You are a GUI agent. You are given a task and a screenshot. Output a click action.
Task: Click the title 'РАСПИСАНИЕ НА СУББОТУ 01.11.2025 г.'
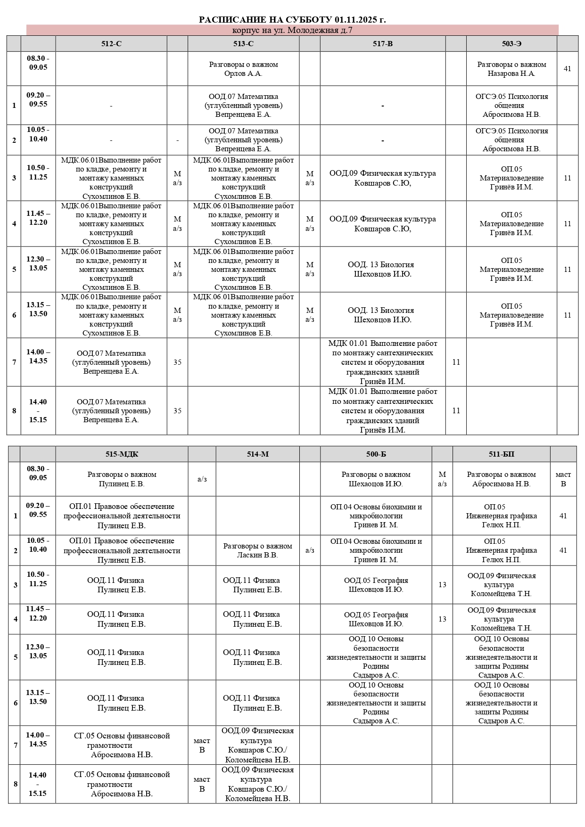tap(292, 19)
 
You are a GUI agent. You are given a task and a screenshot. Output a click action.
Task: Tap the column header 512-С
tap(111, 44)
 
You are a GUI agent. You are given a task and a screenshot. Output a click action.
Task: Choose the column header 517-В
tap(382, 44)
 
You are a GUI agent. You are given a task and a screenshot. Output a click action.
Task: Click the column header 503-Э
tap(511, 44)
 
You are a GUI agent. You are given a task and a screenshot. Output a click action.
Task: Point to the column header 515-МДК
tap(122, 454)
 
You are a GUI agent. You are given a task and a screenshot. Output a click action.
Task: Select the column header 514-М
tap(257, 454)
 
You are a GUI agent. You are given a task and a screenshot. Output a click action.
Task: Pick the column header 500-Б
tap(376, 454)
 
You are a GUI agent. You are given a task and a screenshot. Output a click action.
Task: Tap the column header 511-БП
tap(501, 454)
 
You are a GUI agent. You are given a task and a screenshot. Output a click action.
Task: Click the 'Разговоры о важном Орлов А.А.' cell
tap(243, 69)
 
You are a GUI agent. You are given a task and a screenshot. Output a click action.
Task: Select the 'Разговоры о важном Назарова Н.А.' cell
tap(511, 69)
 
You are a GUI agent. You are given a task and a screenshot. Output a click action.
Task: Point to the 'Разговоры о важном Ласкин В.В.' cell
tap(257, 550)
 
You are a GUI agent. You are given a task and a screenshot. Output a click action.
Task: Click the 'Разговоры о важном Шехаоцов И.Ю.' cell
tap(376, 479)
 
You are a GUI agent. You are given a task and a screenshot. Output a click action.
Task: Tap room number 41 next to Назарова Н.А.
tap(567, 69)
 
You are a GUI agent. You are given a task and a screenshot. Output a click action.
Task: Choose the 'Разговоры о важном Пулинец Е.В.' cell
tap(122, 479)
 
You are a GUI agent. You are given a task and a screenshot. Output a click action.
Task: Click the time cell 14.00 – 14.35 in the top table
tap(38, 357)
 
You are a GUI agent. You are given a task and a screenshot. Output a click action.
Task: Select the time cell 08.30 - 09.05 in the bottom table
tap(38, 473)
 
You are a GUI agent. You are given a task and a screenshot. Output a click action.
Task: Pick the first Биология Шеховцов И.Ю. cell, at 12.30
tap(382, 269)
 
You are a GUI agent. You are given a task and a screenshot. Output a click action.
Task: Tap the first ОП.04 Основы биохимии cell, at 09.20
tap(376, 516)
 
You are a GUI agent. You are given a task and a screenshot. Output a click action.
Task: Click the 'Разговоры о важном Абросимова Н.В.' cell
tap(501, 479)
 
